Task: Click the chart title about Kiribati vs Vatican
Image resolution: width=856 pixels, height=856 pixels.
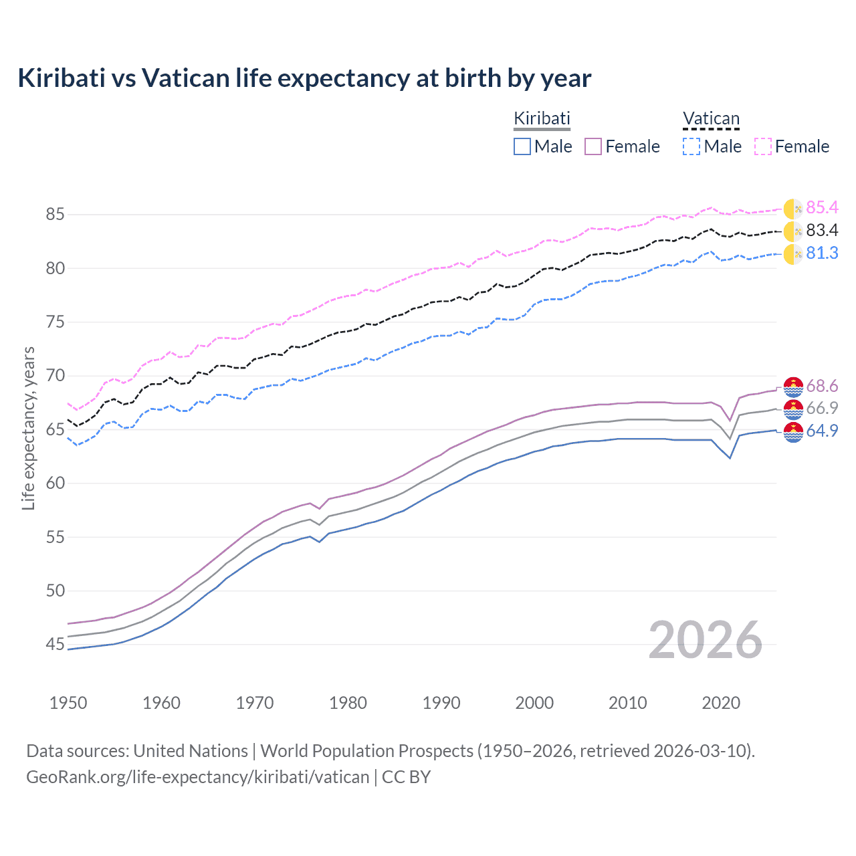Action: click(304, 78)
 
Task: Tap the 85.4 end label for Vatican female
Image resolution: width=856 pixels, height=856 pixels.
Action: click(822, 208)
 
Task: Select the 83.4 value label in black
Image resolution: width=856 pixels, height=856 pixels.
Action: click(822, 231)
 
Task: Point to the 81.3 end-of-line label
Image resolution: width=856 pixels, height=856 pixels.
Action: click(822, 253)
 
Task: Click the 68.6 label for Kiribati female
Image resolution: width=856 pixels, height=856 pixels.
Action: click(822, 387)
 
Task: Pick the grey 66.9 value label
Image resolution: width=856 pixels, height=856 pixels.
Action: click(822, 409)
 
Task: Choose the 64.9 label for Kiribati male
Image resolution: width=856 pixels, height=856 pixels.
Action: click(822, 431)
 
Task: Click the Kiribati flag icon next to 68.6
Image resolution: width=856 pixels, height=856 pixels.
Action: click(793, 387)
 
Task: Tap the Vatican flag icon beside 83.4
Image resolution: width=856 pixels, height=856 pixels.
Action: click(793, 231)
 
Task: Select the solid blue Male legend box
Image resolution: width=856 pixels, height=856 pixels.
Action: click(522, 146)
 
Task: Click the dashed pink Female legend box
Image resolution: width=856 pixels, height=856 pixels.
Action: click(763, 146)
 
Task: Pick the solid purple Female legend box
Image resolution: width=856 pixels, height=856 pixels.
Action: click(593, 146)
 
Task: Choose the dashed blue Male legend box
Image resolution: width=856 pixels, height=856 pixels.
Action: click(691, 146)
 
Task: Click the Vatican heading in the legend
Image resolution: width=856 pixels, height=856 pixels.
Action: click(711, 119)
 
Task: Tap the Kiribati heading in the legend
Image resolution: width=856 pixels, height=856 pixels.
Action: click(542, 118)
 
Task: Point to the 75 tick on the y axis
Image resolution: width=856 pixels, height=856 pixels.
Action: click(55, 322)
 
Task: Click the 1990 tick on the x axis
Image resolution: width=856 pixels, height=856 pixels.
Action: click(441, 703)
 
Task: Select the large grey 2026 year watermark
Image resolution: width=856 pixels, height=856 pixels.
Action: click(706, 641)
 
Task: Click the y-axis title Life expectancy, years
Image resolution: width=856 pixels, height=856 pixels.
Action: click(28, 428)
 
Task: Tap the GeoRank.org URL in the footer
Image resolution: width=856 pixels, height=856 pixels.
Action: click(197, 777)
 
